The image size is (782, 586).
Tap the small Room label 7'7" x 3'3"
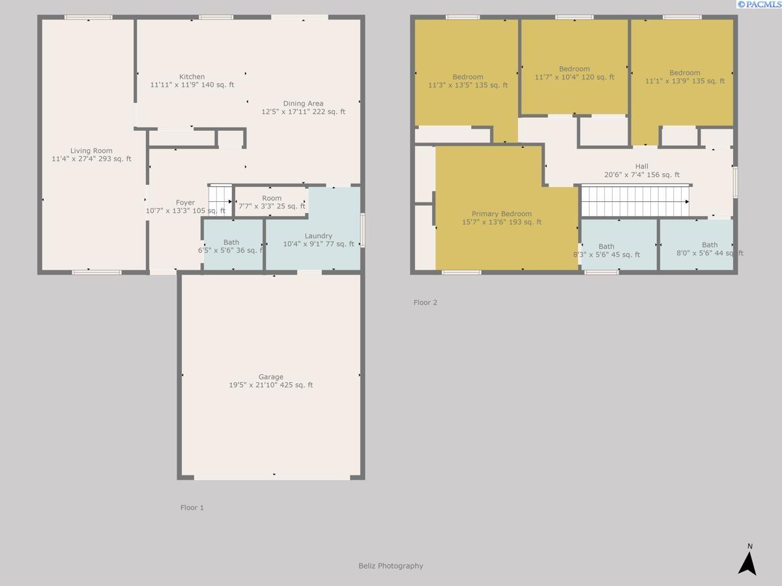[272, 202]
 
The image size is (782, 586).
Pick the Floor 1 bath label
[231, 246]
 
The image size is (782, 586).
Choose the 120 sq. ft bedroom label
[574, 73]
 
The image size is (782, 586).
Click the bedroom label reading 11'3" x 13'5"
[468, 81]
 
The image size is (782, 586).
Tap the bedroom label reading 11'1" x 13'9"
[685, 77]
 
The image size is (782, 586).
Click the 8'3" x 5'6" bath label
[606, 251]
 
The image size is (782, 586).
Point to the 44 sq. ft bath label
[710, 249]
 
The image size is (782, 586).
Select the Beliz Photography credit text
[391, 566]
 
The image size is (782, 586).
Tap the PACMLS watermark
[759, 5]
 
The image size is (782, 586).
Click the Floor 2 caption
[425, 302]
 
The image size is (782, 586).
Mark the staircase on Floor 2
[635, 201]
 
